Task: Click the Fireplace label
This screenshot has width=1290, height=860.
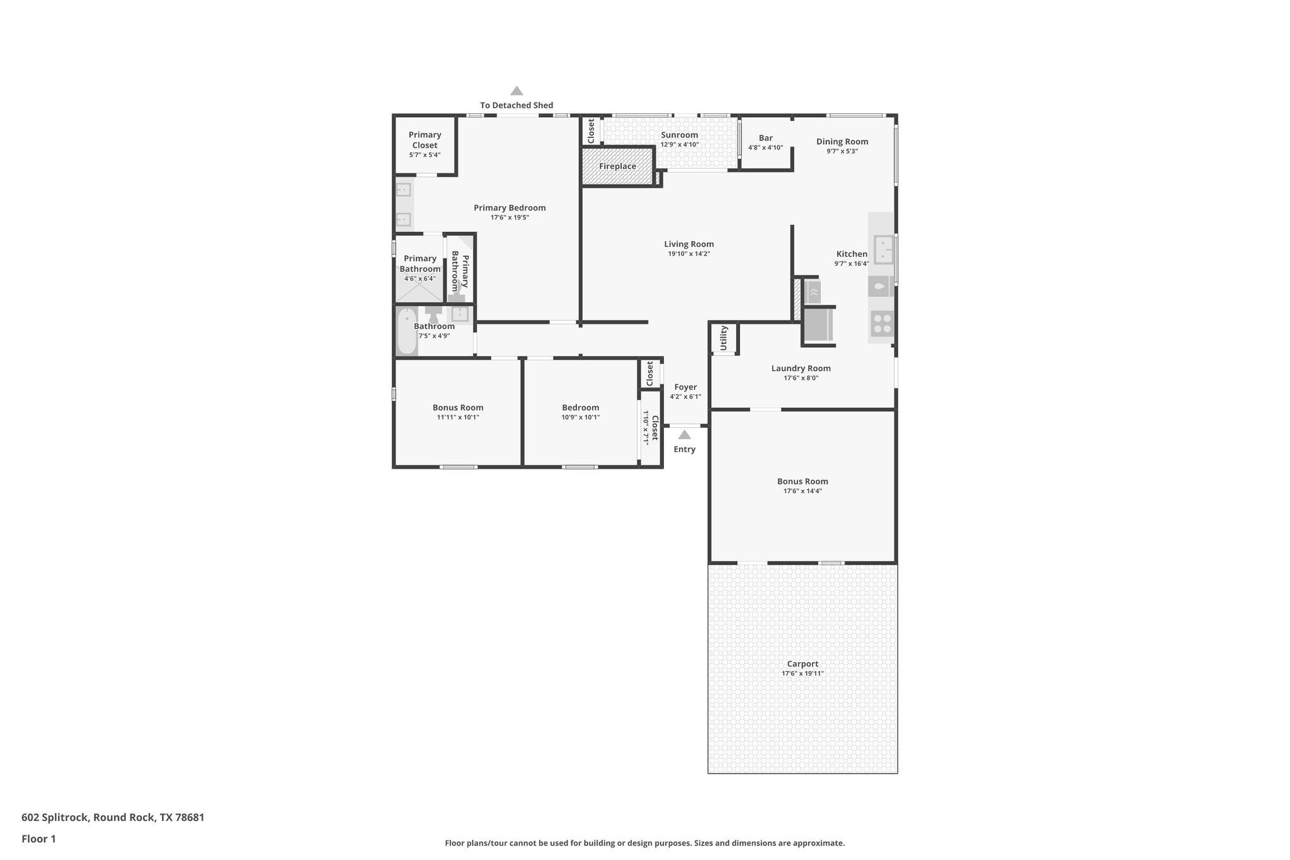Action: click(617, 166)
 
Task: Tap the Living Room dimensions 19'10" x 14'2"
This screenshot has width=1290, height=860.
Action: click(689, 254)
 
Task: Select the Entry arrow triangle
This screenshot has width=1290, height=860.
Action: click(684, 435)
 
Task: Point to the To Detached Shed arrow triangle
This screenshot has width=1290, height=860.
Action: click(517, 91)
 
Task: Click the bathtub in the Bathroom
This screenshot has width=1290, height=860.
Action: click(406, 331)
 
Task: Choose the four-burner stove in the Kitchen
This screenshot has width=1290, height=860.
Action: click(882, 324)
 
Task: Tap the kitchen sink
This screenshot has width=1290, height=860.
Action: click(883, 249)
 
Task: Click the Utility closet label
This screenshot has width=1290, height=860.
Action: click(724, 338)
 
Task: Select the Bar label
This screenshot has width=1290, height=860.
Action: click(765, 138)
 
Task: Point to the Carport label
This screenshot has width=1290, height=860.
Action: click(802, 663)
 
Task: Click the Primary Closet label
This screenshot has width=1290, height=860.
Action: click(425, 140)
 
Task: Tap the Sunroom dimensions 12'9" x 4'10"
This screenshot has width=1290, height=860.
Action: click(679, 145)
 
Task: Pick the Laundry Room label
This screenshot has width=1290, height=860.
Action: click(801, 369)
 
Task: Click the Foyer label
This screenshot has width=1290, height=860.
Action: click(685, 387)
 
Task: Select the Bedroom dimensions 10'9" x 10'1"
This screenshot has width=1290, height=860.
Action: click(580, 417)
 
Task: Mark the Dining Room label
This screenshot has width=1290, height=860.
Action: click(842, 142)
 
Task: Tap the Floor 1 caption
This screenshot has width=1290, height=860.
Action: click(38, 839)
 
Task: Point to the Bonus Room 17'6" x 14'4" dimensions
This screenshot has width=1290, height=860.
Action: click(802, 491)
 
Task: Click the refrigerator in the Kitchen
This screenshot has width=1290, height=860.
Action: click(818, 325)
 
